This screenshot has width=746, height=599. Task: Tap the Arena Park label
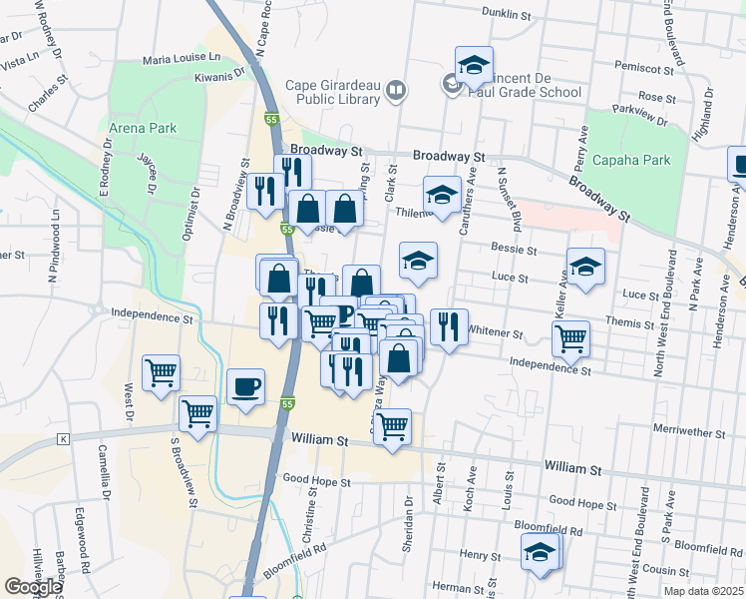click(142, 129)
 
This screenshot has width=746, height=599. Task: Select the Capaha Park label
click(630, 160)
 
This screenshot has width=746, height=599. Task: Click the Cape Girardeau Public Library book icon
click(396, 92)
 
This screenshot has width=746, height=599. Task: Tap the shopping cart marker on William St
click(393, 427)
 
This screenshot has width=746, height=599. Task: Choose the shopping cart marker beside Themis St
click(570, 338)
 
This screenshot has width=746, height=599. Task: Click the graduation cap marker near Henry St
click(540, 552)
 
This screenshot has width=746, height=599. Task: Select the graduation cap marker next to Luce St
click(585, 267)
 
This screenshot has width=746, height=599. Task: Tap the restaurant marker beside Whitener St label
click(449, 326)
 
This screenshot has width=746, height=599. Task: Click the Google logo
click(32, 587)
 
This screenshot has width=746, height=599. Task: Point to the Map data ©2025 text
click(703, 591)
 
